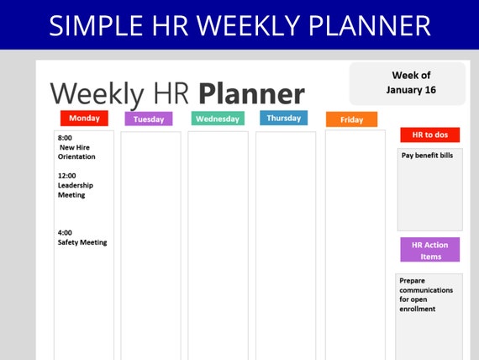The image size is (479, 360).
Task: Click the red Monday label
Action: click(x=84, y=118)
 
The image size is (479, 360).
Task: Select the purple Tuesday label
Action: click(x=149, y=119)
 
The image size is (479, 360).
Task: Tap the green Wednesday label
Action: click(x=218, y=119)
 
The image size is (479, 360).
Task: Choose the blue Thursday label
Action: click(x=284, y=118)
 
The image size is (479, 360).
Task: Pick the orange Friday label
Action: click(x=351, y=119)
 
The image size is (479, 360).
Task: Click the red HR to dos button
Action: click(x=429, y=135)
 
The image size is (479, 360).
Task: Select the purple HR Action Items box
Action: click(x=429, y=250)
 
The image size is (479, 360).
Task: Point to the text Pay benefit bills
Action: click(x=427, y=156)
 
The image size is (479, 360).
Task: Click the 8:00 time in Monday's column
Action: click(x=65, y=138)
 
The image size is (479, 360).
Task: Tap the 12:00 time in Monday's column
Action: click(x=67, y=176)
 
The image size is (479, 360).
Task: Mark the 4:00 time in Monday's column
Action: click(x=65, y=232)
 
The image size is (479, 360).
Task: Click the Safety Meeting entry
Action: click(x=82, y=242)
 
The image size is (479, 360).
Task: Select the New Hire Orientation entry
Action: click(x=76, y=152)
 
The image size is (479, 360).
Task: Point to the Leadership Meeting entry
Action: click(x=76, y=190)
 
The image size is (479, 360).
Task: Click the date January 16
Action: click(x=411, y=90)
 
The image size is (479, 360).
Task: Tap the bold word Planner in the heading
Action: click(x=252, y=93)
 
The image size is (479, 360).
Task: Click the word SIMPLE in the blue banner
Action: click(x=96, y=26)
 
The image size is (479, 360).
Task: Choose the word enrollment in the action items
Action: click(x=418, y=309)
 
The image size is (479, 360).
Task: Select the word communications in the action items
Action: click(x=426, y=290)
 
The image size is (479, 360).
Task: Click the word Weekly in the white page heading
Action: click(x=97, y=94)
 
